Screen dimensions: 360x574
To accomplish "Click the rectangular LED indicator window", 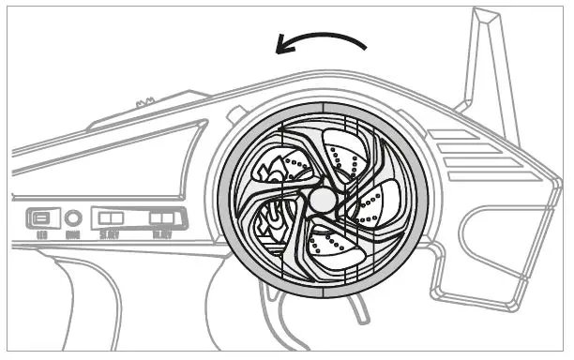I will pyautogui.click(x=42, y=218).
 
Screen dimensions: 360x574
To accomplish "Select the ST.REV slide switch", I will pyautogui.click(x=111, y=219).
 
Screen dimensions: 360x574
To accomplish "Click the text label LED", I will pyautogui.click(x=42, y=236).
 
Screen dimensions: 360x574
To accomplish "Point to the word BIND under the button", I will pyautogui.click(x=75, y=236).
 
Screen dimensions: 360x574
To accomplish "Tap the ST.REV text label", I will pyautogui.click(x=111, y=236).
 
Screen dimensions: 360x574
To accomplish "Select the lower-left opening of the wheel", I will pyautogui.click(x=272, y=223).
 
